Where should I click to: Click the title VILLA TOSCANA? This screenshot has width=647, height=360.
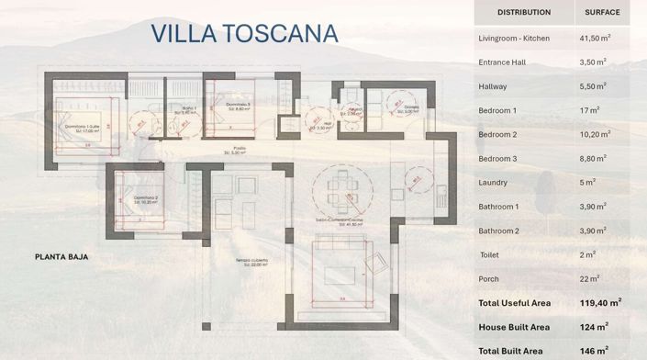pyautogui.click(x=244, y=34)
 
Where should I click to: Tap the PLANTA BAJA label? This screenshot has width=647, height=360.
pyautogui.click(x=61, y=257)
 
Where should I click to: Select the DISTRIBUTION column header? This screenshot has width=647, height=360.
pyautogui.click(x=523, y=13)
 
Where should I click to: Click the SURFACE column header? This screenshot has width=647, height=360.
pyautogui.click(x=603, y=13)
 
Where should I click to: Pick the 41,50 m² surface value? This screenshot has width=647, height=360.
pyautogui.click(x=595, y=39)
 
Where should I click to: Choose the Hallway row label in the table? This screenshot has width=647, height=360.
pyautogui.click(x=493, y=86)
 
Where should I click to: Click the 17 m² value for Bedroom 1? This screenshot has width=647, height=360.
pyautogui.click(x=589, y=110)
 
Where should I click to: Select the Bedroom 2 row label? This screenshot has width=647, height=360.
pyautogui.click(x=497, y=134)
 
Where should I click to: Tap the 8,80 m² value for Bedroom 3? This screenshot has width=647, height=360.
pyautogui.click(x=594, y=158)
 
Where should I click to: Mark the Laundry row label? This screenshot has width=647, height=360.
pyautogui.click(x=493, y=182)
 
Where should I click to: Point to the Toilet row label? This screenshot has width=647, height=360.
pyautogui.click(x=490, y=254)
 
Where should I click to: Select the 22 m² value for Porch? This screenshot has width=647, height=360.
pyautogui.click(x=589, y=278)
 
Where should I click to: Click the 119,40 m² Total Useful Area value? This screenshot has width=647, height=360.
pyautogui.click(x=599, y=302)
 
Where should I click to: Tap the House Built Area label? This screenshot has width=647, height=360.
pyautogui.click(x=514, y=327)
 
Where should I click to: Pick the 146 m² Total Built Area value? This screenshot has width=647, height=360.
pyautogui.click(x=593, y=350)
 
